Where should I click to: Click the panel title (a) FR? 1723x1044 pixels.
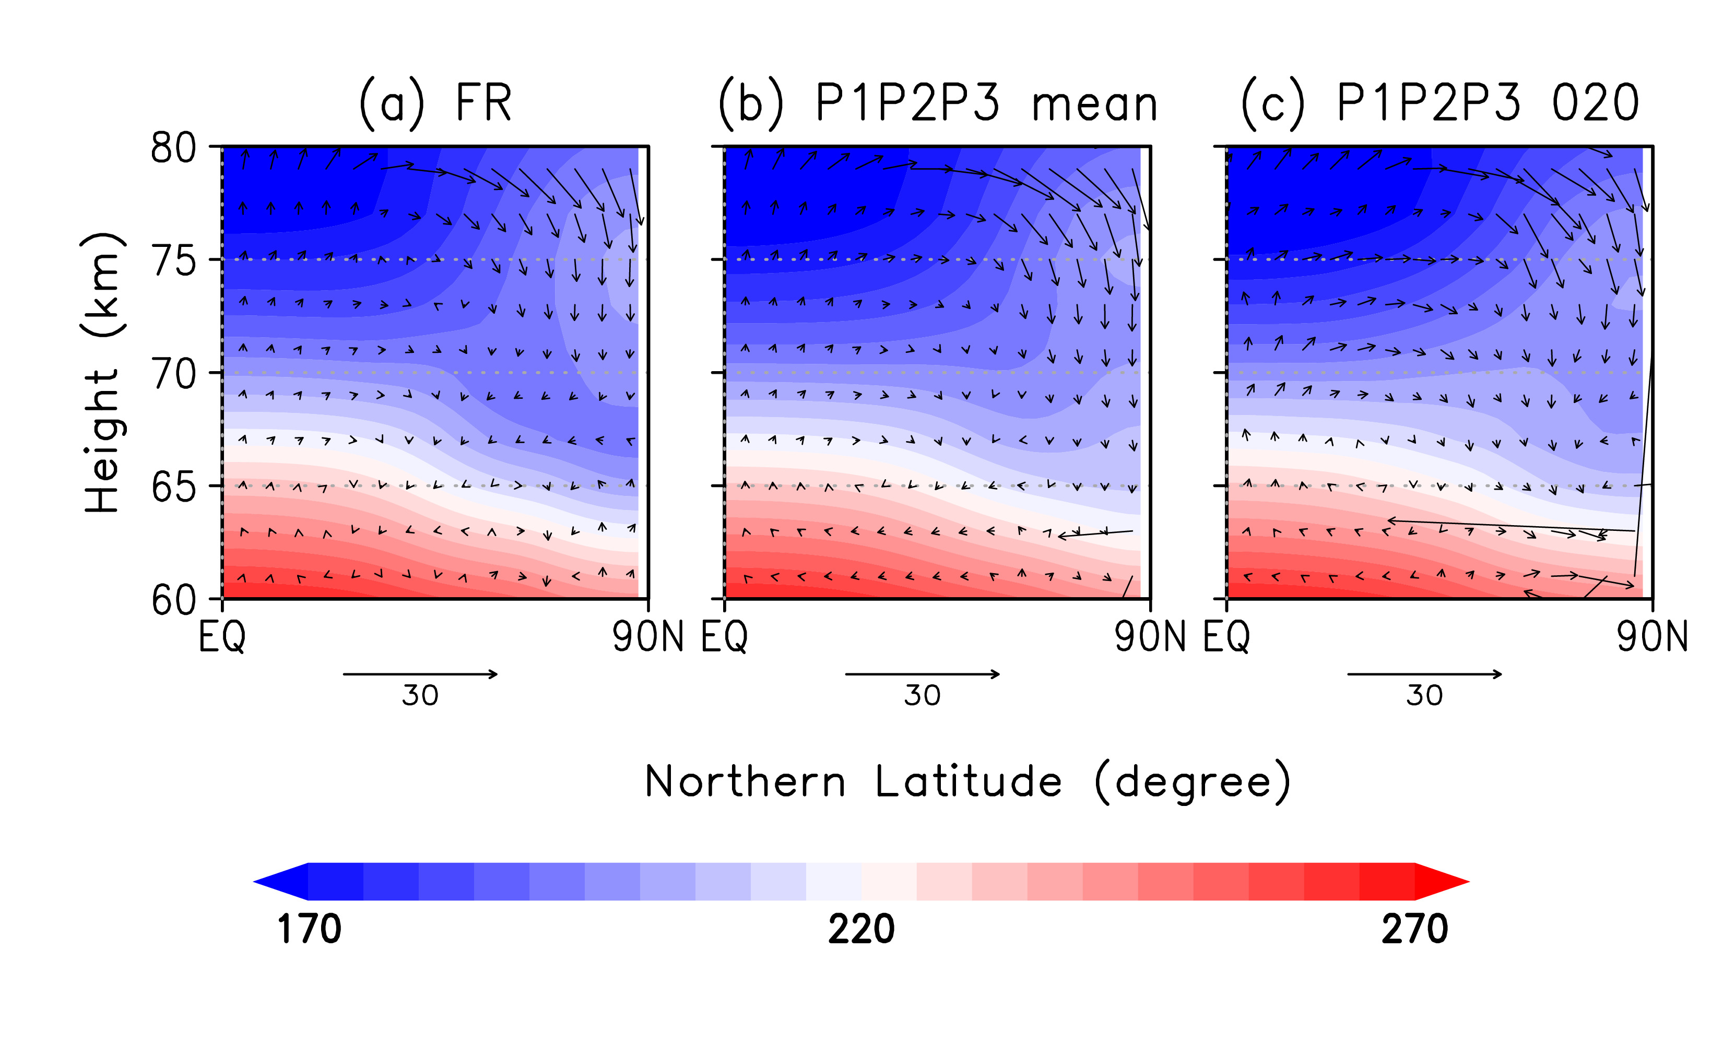click(435, 103)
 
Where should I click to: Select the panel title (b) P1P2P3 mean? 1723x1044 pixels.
click(938, 103)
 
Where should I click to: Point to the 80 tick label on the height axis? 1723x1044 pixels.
click(173, 148)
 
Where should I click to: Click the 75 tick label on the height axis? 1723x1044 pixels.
click(173, 262)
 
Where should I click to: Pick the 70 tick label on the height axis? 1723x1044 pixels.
click(173, 374)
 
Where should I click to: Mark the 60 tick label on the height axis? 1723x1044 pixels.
click(173, 600)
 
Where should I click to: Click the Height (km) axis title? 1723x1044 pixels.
click(103, 373)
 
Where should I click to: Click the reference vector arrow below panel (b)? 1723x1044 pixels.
click(923, 674)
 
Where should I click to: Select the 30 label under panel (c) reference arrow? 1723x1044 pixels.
click(1424, 696)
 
